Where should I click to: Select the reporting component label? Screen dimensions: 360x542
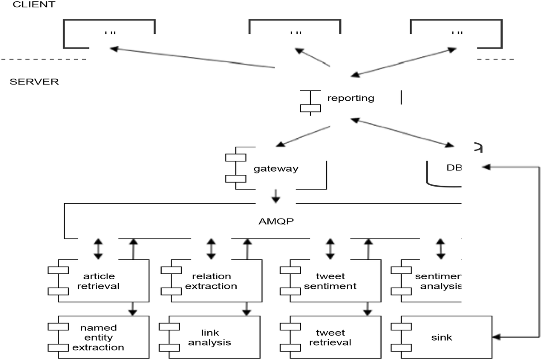[351, 98]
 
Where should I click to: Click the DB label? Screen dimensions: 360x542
[452, 167]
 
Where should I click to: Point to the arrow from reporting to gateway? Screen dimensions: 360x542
[303, 136]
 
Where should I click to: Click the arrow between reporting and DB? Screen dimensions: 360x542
[402, 132]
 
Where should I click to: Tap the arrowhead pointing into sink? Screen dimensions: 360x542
[498, 337]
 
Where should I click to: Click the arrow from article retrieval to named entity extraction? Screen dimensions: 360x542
[132, 309]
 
